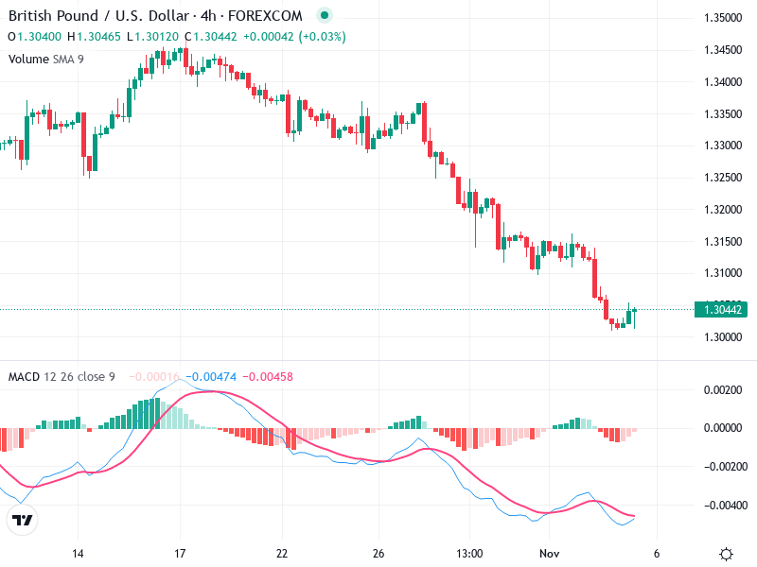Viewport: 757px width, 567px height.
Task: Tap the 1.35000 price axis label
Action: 722,18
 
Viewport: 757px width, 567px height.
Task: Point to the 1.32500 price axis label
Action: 722,178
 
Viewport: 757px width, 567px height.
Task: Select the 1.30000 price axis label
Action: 722,337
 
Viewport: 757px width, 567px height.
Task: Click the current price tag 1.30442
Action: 722,309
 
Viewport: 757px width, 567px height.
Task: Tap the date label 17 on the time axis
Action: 179,554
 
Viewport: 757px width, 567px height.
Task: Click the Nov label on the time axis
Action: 550,554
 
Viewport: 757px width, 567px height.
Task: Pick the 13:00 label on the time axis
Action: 469,554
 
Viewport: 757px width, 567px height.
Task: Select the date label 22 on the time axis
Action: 281,554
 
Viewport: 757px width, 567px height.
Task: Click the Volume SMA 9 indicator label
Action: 45,59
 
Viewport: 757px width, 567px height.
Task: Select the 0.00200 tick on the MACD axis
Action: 722,389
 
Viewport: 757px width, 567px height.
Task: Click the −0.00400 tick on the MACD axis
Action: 720,505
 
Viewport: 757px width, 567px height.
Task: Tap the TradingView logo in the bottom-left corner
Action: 22,520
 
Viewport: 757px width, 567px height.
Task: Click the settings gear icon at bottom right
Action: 726,554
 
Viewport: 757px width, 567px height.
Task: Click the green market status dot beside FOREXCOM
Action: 325,16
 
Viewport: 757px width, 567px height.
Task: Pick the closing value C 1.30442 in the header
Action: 212,37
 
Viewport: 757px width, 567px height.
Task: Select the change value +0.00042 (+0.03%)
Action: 294,37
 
